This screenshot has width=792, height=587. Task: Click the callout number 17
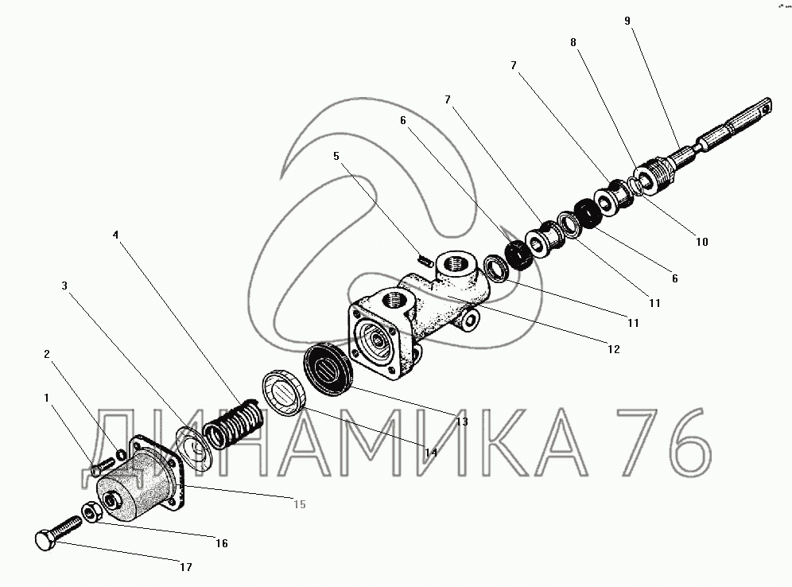click(185, 567)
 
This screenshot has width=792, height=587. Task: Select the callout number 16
click(222, 543)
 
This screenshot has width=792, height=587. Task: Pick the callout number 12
click(613, 348)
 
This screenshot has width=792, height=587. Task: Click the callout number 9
click(627, 21)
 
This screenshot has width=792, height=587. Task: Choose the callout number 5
click(336, 157)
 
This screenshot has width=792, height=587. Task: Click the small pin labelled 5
click(426, 258)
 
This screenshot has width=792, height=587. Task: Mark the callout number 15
click(299, 503)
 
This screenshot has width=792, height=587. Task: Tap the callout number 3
click(64, 285)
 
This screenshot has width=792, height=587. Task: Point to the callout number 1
click(47, 397)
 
